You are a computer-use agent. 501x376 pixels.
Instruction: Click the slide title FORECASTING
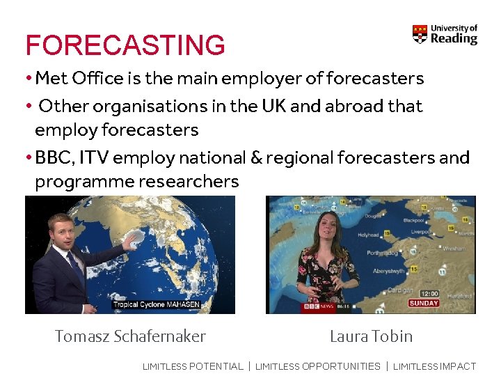click(x=125, y=45)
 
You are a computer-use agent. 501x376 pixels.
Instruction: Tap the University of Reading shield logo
click(x=420, y=34)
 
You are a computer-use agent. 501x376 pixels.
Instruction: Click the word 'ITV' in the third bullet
click(x=94, y=157)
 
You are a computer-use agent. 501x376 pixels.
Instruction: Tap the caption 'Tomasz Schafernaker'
click(x=130, y=336)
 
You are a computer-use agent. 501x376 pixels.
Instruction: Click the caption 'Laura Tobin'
click(x=371, y=336)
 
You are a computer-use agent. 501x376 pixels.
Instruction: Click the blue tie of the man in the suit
click(x=74, y=266)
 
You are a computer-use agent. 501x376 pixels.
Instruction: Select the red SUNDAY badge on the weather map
click(x=424, y=304)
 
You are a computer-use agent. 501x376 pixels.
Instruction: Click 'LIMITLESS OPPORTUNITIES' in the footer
click(x=318, y=366)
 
